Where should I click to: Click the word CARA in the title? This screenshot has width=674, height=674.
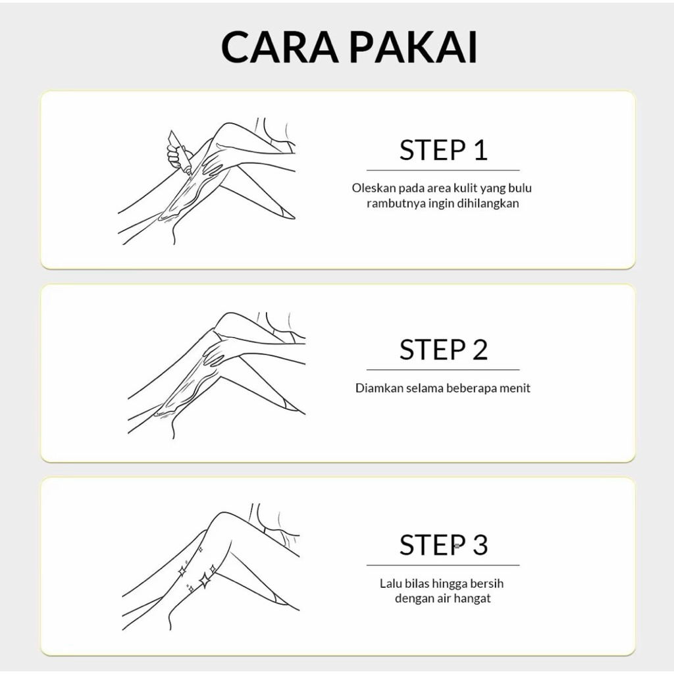tap(280, 47)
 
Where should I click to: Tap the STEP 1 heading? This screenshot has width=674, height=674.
tap(443, 150)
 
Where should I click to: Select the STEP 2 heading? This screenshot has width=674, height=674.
tap(443, 350)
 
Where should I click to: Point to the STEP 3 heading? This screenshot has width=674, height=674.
tap(443, 544)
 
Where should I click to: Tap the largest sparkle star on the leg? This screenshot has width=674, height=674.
tap(205, 581)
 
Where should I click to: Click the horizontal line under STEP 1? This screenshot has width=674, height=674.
tap(443, 170)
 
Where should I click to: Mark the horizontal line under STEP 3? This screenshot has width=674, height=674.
tap(443, 565)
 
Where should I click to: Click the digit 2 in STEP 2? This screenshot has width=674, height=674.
tap(480, 350)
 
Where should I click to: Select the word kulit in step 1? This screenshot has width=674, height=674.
tap(466, 188)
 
